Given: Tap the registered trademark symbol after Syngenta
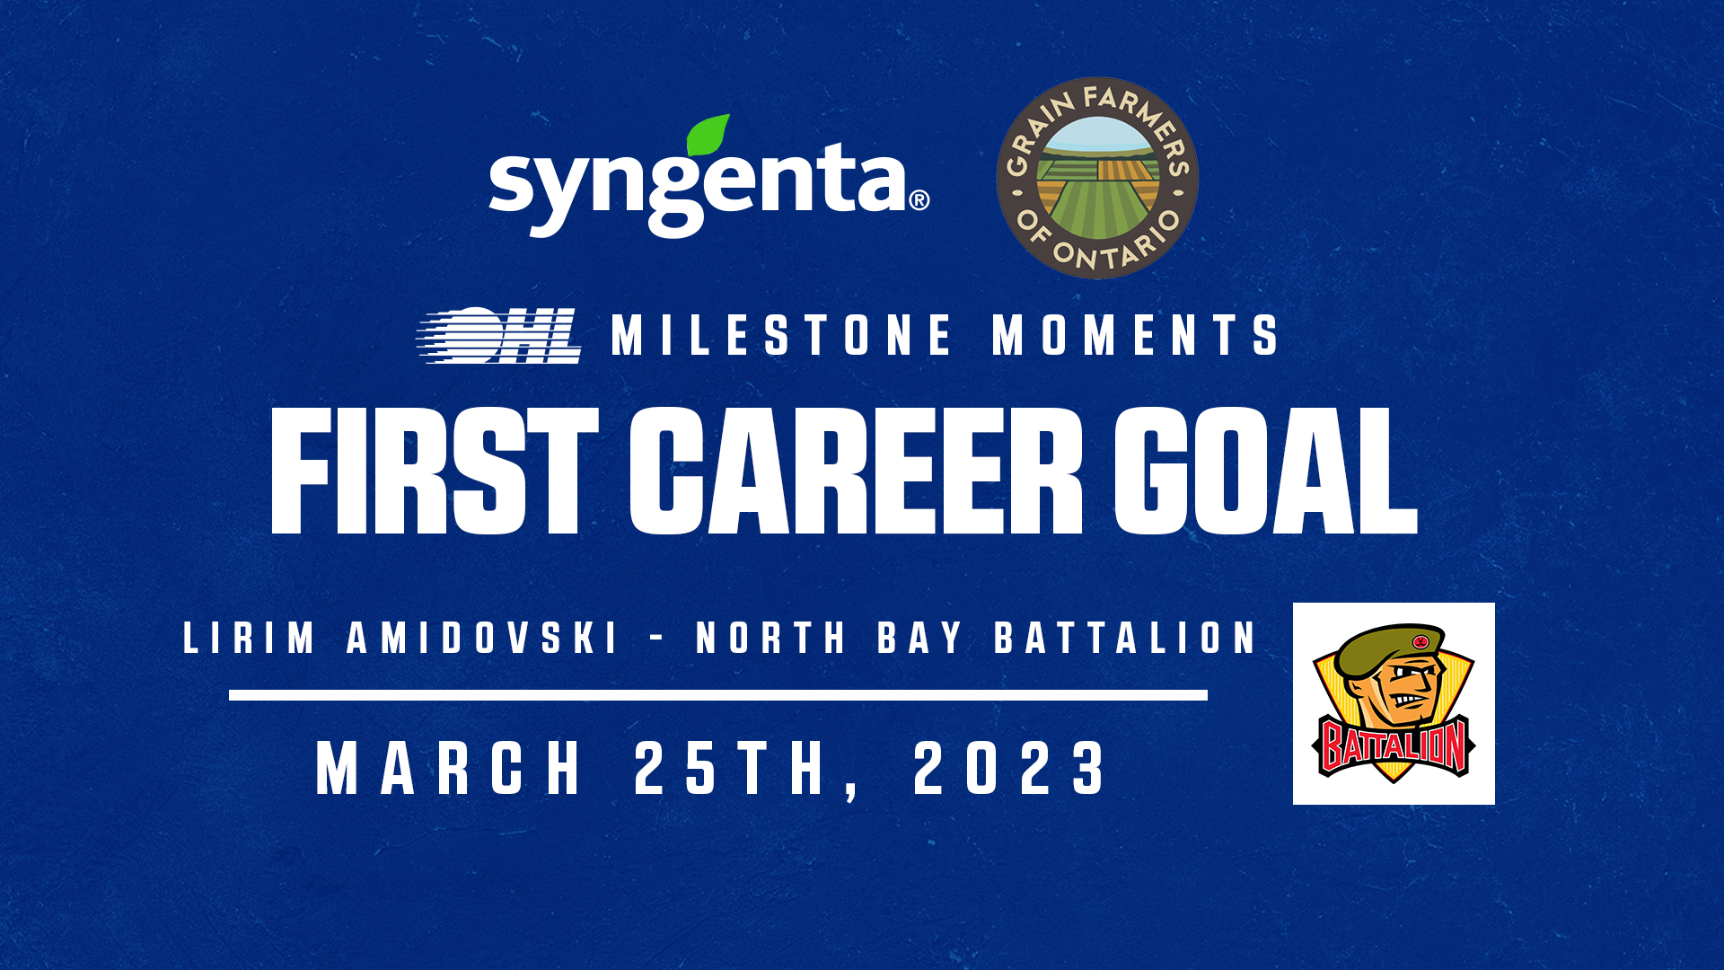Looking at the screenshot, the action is (919, 200).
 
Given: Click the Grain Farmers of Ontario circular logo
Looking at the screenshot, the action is (1097, 178).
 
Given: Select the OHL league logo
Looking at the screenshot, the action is (498, 336).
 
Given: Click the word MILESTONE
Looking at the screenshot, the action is (781, 335).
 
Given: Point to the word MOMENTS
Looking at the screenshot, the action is (1135, 335).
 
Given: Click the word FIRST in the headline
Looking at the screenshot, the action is (435, 471).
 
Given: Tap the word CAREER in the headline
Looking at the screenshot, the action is (857, 471).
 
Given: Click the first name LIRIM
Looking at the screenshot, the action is (249, 638).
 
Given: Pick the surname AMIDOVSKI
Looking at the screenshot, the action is (483, 638).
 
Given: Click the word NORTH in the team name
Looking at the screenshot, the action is (771, 638).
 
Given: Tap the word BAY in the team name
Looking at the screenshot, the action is (920, 638).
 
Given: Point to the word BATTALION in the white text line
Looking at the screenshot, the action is (1125, 638).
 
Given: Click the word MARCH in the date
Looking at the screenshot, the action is (449, 769).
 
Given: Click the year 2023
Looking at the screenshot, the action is (1010, 769).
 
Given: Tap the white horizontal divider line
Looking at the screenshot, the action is (718, 695).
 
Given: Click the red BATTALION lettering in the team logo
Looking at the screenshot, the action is (1394, 745).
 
